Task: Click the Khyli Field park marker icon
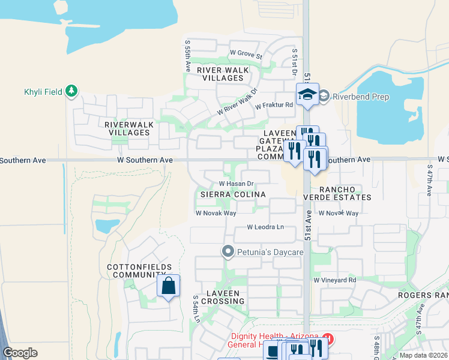72,91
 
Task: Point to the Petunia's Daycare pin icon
228,251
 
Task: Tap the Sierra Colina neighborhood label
233,194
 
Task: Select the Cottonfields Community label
139,271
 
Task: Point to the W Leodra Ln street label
265,227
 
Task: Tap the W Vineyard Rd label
334,280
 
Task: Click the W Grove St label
246,53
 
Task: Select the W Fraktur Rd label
274,106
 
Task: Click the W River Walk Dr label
237,102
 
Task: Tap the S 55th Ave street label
188,54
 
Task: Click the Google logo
20,353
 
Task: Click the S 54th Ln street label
196,310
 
